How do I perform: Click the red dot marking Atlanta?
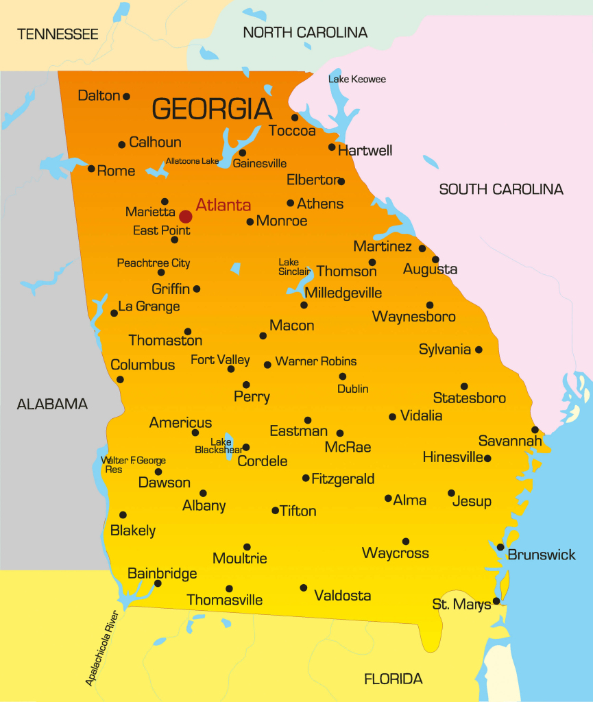pyautogui.click(x=185, y=217)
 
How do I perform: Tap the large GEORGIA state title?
pyautogui.click(x=212, y=109)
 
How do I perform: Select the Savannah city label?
pyautogui.click(x=510, y=441)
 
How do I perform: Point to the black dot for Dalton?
pyautogui.click(x=126, y=97)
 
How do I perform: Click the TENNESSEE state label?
pyautogui.click(x=58, y=34)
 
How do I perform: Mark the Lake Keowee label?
pyautogui.click(x=356, y=80)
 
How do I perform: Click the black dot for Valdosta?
pyautogui.click(x=303, y=588)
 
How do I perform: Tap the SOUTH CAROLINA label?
pyautogui.click(x=501, y=189)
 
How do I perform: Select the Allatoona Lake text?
pyautogui.click(x=192, y=162)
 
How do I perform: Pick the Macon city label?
pyautogui.click(x=291, y=326)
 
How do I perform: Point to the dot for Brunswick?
pyautogui.click(x=500, y=547)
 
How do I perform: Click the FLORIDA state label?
pyautogui.click(x=393, y=679)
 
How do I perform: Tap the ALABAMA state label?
pyautogui.click(x=52, y=404)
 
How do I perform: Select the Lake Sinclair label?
pyautogui.click(x=294, y=267)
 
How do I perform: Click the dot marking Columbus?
pyautogui.click(x=120, y=379)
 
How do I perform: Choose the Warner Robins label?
pyautogui.click(x=315, y=361)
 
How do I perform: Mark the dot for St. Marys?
pyautogui.click(x=496, y=601)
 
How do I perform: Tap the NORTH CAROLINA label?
pyautogui.click(x=305, y=32)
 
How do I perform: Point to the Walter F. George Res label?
pyautogui.click(x=133, y=465)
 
